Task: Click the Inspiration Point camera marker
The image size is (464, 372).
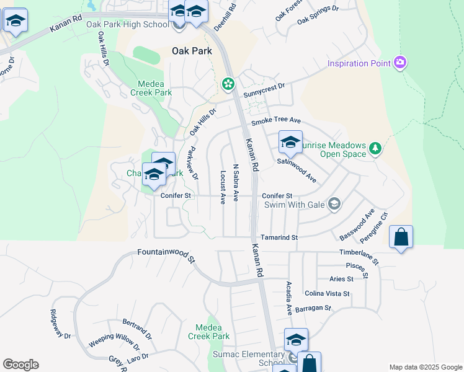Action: (x=401, y=63)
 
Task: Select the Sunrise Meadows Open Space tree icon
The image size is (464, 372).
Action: (x=375, y=148)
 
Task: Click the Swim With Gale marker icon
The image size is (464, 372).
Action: (x=334, y=204)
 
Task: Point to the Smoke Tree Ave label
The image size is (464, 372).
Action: (x=275, y=120)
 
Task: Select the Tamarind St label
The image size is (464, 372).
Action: (x=279, y=237)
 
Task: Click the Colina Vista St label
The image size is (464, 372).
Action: (x=328, y=293)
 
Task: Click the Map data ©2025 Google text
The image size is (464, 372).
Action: (x=425, y=367)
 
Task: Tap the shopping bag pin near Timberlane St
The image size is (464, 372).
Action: (x=401, y=237)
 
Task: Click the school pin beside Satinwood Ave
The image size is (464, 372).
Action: (x=290, y=143)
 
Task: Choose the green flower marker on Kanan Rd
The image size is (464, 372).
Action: (x=228, y=83)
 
